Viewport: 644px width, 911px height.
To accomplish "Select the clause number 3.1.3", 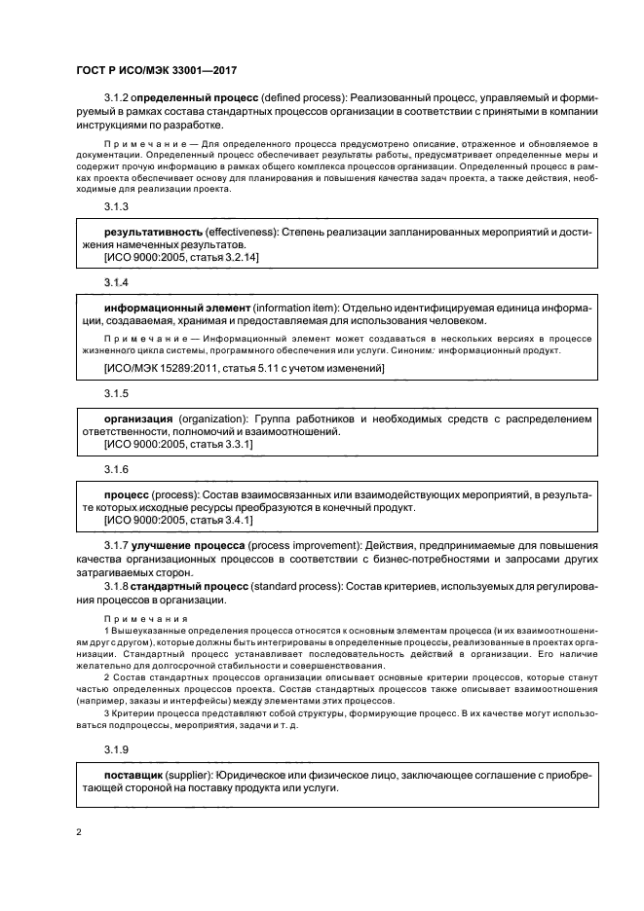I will click(x=116, y=207).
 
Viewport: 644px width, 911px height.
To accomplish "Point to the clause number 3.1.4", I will click(x=116, y=281).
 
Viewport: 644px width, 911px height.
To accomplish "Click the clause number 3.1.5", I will click(x=116, y=393).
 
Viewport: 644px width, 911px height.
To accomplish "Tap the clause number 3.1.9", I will click(x=116, y=748).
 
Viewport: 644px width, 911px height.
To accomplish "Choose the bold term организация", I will click(x=139, y=419).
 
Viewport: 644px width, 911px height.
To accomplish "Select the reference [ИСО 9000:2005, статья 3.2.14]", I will click(x=180, y=257).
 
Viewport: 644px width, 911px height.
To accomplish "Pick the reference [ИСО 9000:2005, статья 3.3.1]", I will click(x=177, y=444).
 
